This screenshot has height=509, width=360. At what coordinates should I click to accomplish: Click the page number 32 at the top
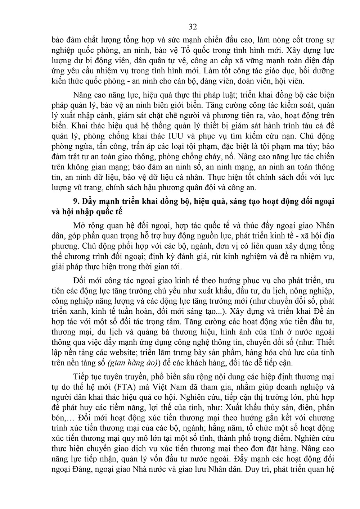(x=193, y=27)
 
